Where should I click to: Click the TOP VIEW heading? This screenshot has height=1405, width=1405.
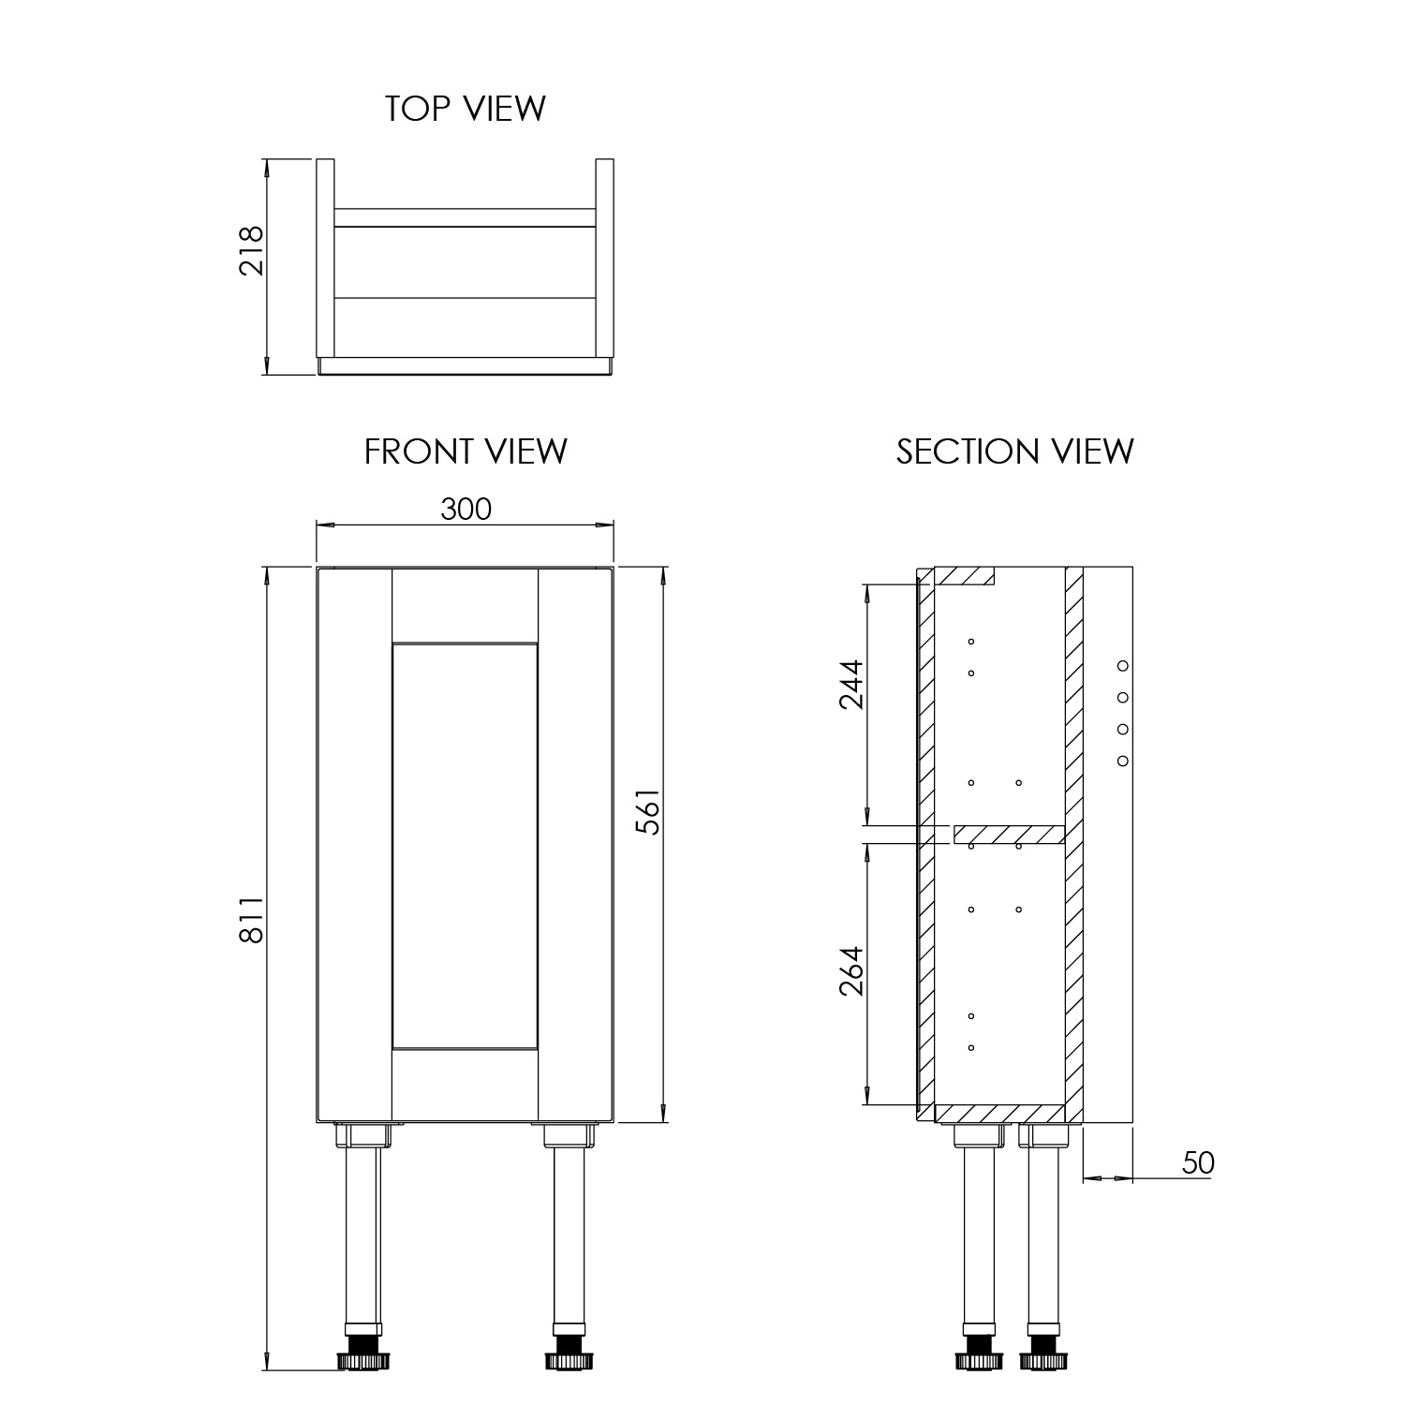(x=465, y=109)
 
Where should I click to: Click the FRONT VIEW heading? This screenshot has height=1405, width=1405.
(x=466, y=451)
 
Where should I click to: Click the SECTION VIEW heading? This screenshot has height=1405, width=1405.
(x=1015, y=451)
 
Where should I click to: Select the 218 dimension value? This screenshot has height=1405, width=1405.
(x=252, y=250)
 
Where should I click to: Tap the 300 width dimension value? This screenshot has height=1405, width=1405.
(x=466, y=509)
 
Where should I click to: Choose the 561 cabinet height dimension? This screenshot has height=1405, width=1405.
(x=647, y=812)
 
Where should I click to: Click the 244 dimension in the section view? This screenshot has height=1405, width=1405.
(x=851, y=685)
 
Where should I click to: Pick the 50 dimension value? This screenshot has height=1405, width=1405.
(x=1197, y=1162)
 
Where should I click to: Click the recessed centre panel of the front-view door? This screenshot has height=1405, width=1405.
(x=465, y=846)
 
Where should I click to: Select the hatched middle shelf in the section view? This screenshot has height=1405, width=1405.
(x=1009, y=834)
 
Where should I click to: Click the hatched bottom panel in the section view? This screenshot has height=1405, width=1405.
(x=1000, y=1113)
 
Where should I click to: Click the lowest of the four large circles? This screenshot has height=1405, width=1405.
(x=1123, y=761)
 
